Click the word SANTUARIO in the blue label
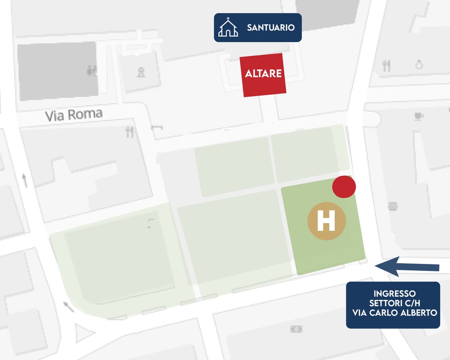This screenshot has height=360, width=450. (x=271, y=28)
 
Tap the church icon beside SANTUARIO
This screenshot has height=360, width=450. (x=228, y=27)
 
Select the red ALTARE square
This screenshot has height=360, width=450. (x=263, y=75)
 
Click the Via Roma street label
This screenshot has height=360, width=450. (x=74, y=115)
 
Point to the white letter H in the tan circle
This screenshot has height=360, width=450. (x=326, y=221)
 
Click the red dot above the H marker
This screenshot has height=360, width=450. (x=344, y=187)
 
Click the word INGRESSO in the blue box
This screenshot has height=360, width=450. (x=393, y=293)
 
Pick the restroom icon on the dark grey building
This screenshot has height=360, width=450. (x=92, y=71)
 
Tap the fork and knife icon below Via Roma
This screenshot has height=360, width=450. (x=130, y=132)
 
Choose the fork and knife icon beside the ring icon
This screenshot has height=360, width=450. (x=387, y=66)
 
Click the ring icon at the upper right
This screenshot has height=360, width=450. (x=419, y=65)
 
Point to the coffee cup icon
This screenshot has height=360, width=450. (x=419, y=116)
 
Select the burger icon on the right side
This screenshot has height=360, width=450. (x=393, y=206)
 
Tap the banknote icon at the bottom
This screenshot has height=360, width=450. (x=297, y=329)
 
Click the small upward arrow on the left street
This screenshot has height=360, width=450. (x=24, y=180)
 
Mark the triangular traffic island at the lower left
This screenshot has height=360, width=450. (x=84, y=334)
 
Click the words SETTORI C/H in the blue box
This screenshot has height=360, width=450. (x=393, y=303)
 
